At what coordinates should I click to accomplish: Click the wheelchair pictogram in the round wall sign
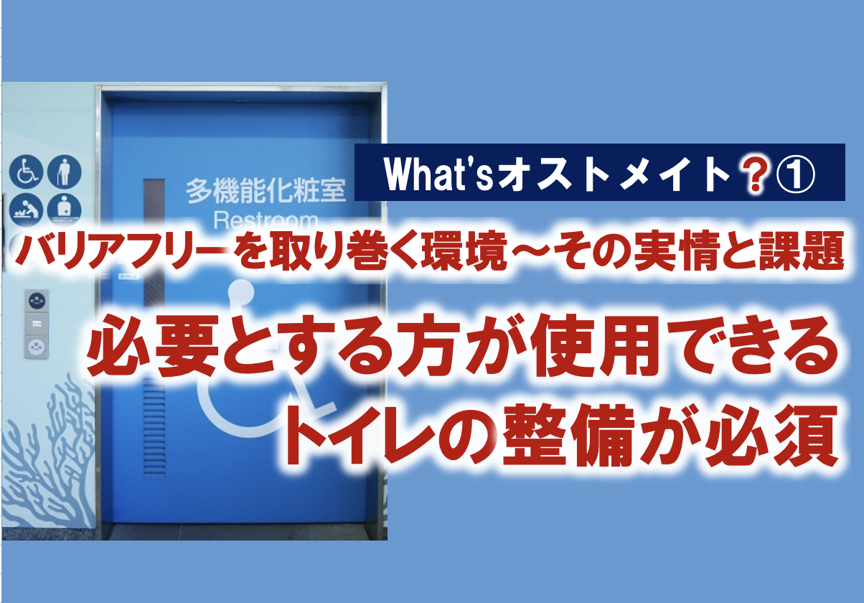(x=26, y=172)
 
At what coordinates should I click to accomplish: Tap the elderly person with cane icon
(x=64, y=172)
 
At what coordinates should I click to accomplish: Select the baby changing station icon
(x=26, y=210)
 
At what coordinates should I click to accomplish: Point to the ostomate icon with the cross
(x=64, y=210)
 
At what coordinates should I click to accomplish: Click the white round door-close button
(x=37, y=347)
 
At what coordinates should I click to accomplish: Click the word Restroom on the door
(x=266, y=221)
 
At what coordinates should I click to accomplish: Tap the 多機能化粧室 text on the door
(x=266, y=190)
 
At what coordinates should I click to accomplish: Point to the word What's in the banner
(x=438, y=174)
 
